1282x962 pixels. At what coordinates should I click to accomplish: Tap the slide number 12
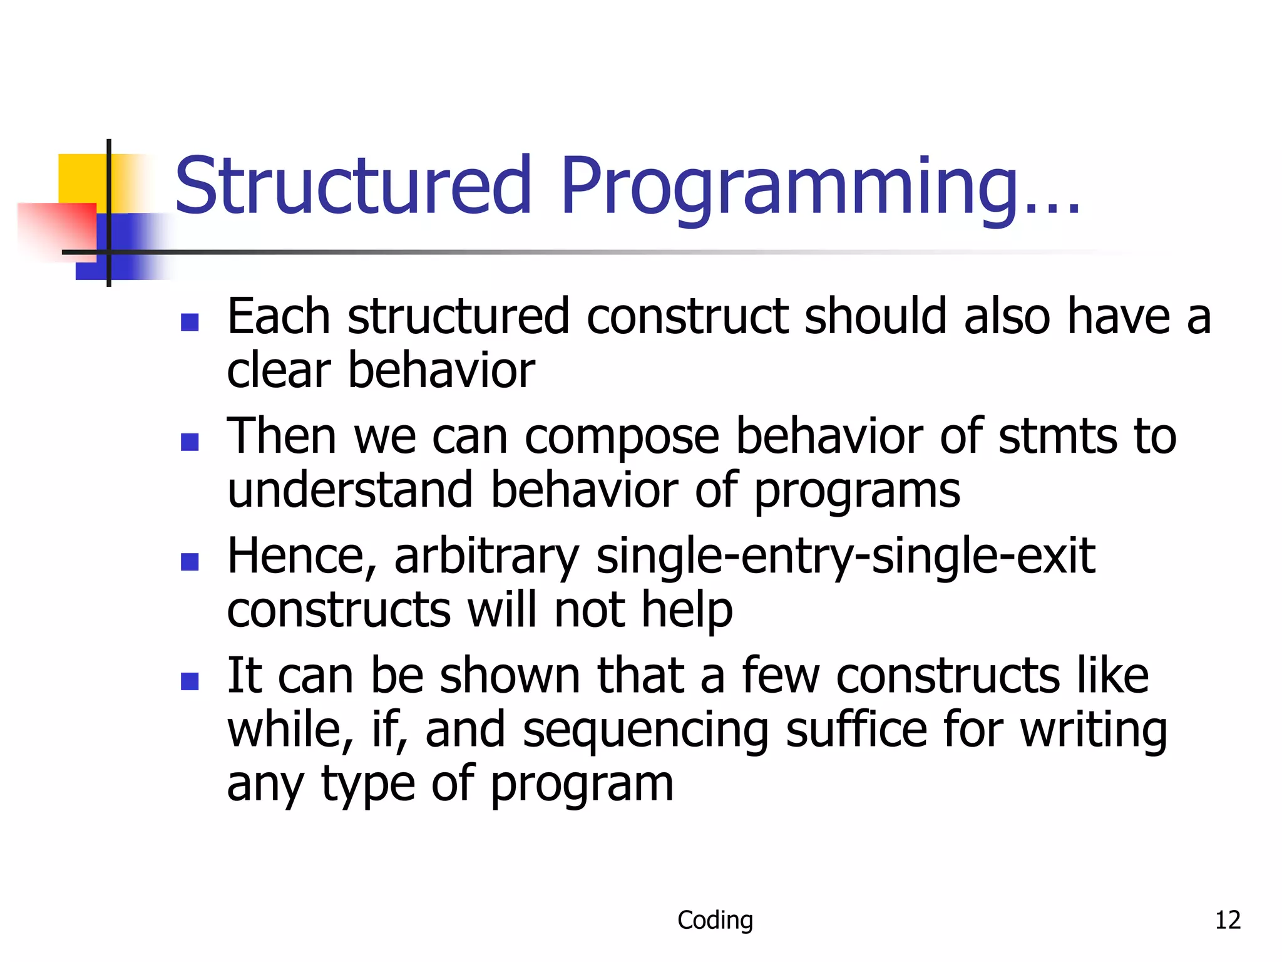point(1227,920)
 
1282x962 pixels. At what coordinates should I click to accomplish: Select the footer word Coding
point(715,920)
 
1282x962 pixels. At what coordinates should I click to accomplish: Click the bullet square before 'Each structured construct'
point(189,322)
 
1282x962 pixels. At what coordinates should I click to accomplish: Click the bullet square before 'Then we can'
point(189,442)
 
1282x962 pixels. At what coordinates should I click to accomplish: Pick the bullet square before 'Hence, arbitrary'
point(189,562)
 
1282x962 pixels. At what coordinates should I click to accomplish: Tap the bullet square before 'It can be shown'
point(189,681)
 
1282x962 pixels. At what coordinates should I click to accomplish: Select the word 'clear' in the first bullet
point(279,371)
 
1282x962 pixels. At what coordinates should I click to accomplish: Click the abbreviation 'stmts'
point(1057,437)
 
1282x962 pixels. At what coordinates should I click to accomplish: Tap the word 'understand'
point(350,490)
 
